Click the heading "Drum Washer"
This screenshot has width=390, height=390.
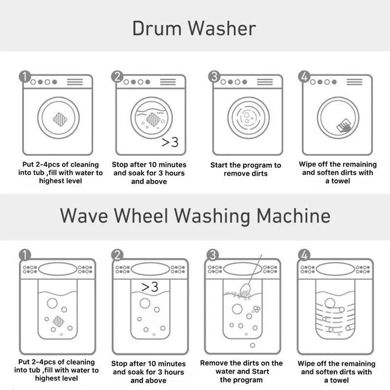pyautogui.click(x=194, y=28)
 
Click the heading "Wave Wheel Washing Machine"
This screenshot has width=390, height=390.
pyautogui.click(x=195, y=215)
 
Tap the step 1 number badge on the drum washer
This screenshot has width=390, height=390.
pyautogui.click(x=25, y=77)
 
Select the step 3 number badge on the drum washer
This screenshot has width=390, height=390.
pyautogui.click(x=214, y=77)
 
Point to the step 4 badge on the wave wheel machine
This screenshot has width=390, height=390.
pyautogui.click(x=304, y=255)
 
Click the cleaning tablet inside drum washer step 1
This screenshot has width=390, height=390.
pyautogui.click(x=60, y=119)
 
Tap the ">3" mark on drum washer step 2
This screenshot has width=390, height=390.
pyautogui.click(x=170, y=142)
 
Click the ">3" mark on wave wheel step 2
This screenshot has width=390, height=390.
pyautogui.click(x=150, y=287)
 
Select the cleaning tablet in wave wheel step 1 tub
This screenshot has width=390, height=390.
pyautogui.click(x=58, y=321)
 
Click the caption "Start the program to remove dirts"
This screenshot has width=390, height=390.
pyautogui.click(x=246, y=169)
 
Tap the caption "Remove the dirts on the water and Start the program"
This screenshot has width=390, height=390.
pyautogui.click(x=241, y=371)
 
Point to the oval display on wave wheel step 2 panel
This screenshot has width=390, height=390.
pyautogui.click(x=151, y=269)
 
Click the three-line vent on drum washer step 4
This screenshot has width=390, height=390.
pyautogui.click(x=354, y=82)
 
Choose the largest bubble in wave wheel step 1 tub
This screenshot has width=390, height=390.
pyautogui.click(x=52, y=303)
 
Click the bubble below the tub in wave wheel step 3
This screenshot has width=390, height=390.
pyautogui.click(x=253, y=345)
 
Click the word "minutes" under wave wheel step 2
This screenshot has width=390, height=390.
pyautogui.click(x=172, y=364)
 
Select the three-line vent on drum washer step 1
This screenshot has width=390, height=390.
pyautogui.click(x=75, y=82)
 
